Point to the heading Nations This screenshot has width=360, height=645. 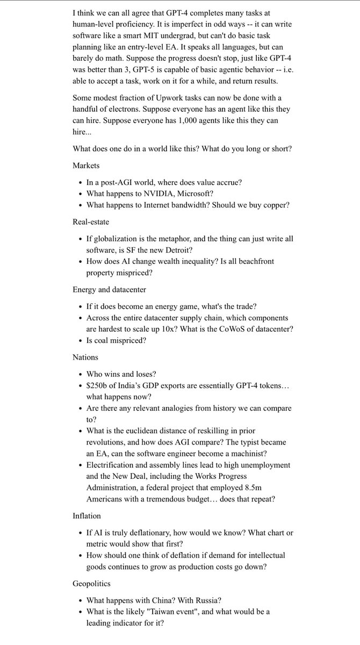coord(86,356)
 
